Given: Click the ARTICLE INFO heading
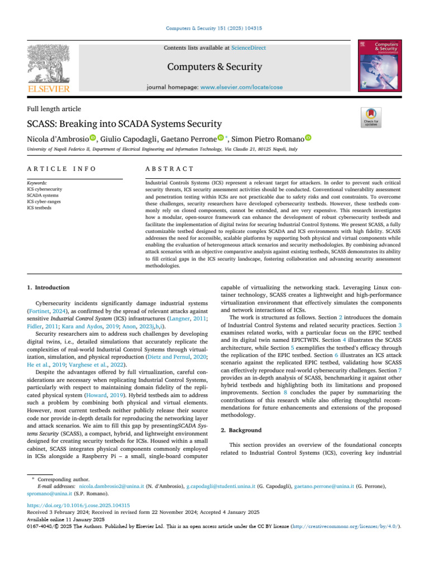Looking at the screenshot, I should point(61,169).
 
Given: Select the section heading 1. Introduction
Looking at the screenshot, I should point(49,288).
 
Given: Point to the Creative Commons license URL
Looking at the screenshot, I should point(357,526).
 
